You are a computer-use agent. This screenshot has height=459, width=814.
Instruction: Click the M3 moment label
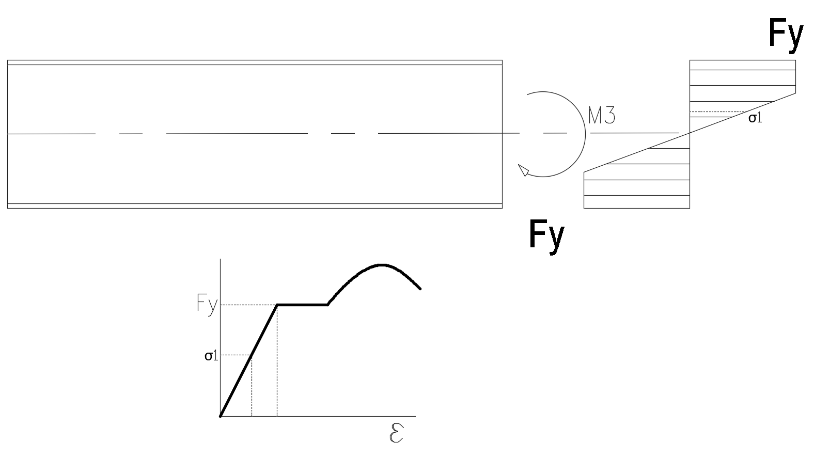pyautogui.click(x=601, y=116)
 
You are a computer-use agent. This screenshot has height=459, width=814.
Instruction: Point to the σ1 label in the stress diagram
pyautogui.click(x=755, y=118)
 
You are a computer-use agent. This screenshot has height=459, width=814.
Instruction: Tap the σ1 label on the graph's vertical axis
pyautogui.click(x=211, y=356)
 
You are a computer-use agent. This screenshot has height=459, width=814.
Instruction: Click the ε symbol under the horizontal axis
pyautogui.click(x=397, y=433)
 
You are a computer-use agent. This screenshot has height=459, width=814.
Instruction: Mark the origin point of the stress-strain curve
pyautogui.click(x=220, y=416)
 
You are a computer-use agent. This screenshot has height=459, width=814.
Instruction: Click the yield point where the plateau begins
pyautogui.click(x=277, y=305)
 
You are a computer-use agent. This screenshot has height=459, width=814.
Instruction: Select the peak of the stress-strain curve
pyautogui.click(x=381, y=265)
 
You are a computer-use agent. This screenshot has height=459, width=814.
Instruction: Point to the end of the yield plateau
pyautogui.click(x=328, y=305)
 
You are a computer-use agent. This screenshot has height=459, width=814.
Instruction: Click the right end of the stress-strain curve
pyautogui.click(x=420, y=289)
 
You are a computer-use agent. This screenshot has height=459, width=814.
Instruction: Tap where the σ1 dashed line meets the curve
pyautogui.click(x=252, y=355)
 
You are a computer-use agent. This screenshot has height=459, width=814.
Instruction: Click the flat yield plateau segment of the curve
pyautogui.click(x=302, y=305)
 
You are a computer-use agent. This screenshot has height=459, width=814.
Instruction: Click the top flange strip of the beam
pyautogui.click(x=255, y=62)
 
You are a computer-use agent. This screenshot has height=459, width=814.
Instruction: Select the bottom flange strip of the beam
pyautogui.click(x=255, y=206)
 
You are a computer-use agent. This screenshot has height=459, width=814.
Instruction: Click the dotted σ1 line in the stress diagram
pyautogui.click(x=717, y=112)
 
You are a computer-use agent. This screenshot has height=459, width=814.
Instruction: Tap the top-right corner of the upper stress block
pyautogui.click(x=795, y=60)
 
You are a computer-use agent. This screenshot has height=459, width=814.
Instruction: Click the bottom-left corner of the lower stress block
pyautogui.click(x=584, y=208)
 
